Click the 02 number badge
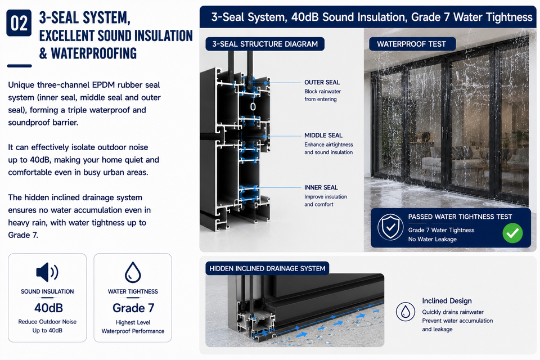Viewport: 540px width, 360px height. [19, 23]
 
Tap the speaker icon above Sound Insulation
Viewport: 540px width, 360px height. [47, 272]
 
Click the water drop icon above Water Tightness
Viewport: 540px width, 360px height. [133, 272]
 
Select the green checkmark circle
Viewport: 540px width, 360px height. [512, 233]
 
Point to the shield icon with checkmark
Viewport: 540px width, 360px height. [390, 227]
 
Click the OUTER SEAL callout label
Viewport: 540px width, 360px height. [322, 82]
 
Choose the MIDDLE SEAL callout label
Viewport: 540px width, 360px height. [323, 136]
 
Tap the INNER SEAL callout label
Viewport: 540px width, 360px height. [321, 187]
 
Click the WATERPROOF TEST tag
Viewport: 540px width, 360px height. [412, 44]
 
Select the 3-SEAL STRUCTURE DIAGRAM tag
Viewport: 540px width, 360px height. [265, 44]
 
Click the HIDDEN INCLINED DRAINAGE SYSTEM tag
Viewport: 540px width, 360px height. [267, 268]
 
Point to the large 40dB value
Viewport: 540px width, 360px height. [48, 308]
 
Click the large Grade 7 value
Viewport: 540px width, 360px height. [133, 308]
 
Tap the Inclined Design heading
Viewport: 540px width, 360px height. [447, 301]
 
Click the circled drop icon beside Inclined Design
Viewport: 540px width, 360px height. [406, 312]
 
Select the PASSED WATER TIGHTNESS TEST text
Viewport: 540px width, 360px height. [460, 217]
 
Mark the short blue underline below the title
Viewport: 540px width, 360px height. [19, 66]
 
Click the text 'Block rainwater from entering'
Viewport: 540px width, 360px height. [322, 95]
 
